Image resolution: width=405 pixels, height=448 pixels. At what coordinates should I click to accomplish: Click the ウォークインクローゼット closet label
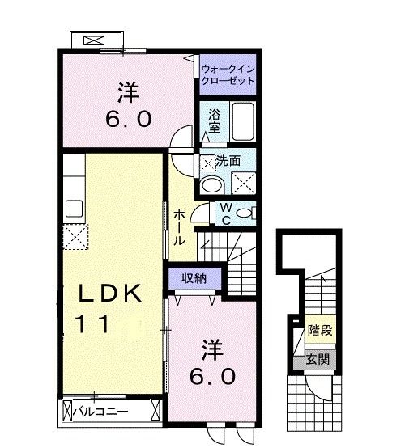coord(228,74)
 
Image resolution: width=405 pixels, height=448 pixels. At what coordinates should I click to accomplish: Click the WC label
coord(227,213)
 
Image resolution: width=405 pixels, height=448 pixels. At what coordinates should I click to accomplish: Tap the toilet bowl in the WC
coord(248,213)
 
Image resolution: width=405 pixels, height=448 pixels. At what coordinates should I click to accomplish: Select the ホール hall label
coord(180,227)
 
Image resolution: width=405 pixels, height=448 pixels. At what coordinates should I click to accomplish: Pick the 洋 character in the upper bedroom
coord(126,89)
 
